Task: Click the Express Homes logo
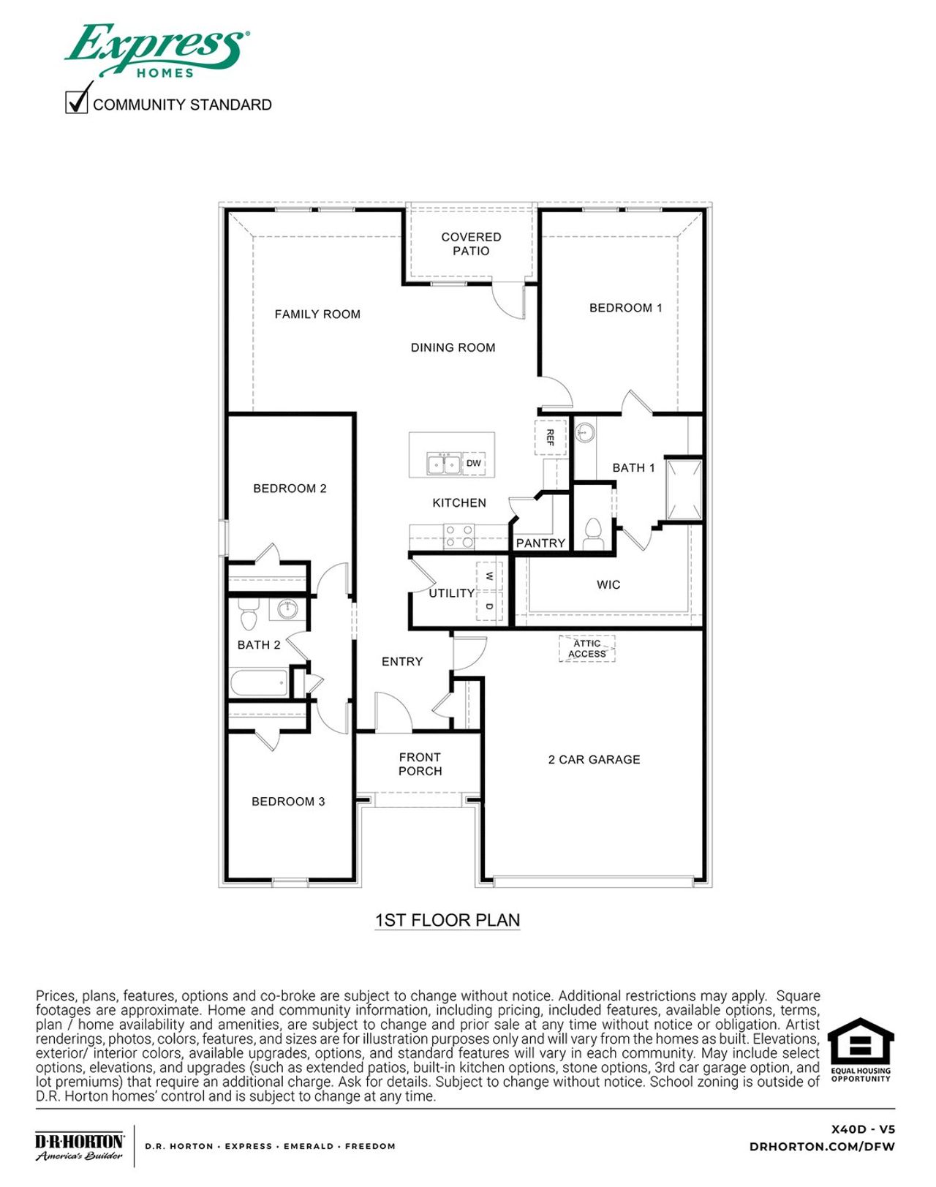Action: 157,50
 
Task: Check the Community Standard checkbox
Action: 76,102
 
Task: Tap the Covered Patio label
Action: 471,244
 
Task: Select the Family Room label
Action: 317,314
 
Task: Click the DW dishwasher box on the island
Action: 474,463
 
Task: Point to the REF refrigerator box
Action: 551,437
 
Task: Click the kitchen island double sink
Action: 444,464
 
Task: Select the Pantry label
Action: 540,543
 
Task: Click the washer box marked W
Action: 489,576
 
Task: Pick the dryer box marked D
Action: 489,607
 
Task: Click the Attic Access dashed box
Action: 587,649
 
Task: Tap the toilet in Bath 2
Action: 249,616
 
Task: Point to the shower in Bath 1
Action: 684,489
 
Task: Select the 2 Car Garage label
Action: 594,760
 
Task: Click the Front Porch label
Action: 420,764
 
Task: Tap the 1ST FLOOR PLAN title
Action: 447,920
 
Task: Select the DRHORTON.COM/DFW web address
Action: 822,1147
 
